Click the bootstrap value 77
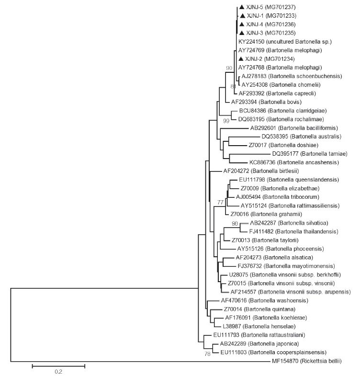220,202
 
